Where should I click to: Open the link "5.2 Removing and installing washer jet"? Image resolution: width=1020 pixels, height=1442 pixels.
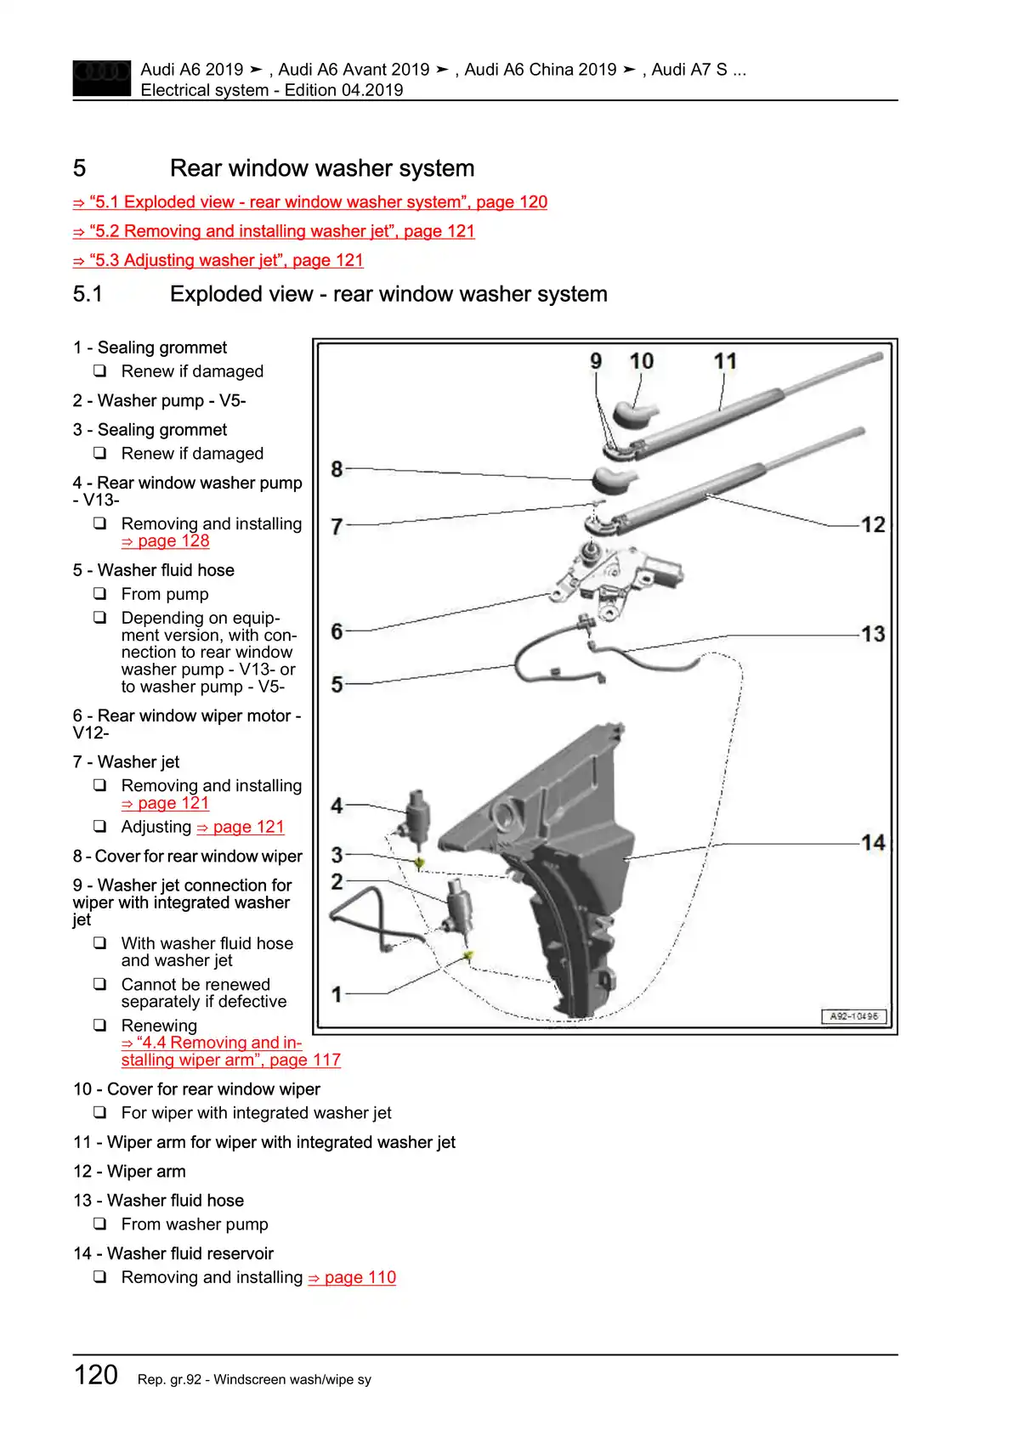click(274, 231)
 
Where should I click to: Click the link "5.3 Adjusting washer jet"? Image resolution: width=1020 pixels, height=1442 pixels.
click(218, 260)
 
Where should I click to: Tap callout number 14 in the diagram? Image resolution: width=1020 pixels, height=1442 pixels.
click(873, 842)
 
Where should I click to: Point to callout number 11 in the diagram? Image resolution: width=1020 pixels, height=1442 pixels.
click(725, 362)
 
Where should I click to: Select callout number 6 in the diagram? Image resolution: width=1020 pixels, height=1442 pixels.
click(337, 631)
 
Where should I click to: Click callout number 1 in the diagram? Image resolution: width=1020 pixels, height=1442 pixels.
click(337, 993)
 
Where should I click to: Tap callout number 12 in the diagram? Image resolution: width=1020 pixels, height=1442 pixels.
click(873, 524)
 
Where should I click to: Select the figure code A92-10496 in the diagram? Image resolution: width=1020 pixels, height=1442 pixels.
click(853, 1016)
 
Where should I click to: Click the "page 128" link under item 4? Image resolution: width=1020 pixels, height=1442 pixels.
click(166, 541)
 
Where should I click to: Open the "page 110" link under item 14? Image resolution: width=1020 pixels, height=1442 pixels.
click(352, 1277)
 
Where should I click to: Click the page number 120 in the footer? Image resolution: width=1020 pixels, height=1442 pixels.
click(96, 1375)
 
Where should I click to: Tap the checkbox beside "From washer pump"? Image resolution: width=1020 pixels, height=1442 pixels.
click(100, 1224)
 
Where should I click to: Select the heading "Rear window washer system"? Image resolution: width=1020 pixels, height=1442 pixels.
click(322, 168)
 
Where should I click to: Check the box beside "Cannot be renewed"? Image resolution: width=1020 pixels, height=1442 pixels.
click(100, 984)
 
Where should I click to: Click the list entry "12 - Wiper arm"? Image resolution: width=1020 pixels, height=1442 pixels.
click(129, 1171)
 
